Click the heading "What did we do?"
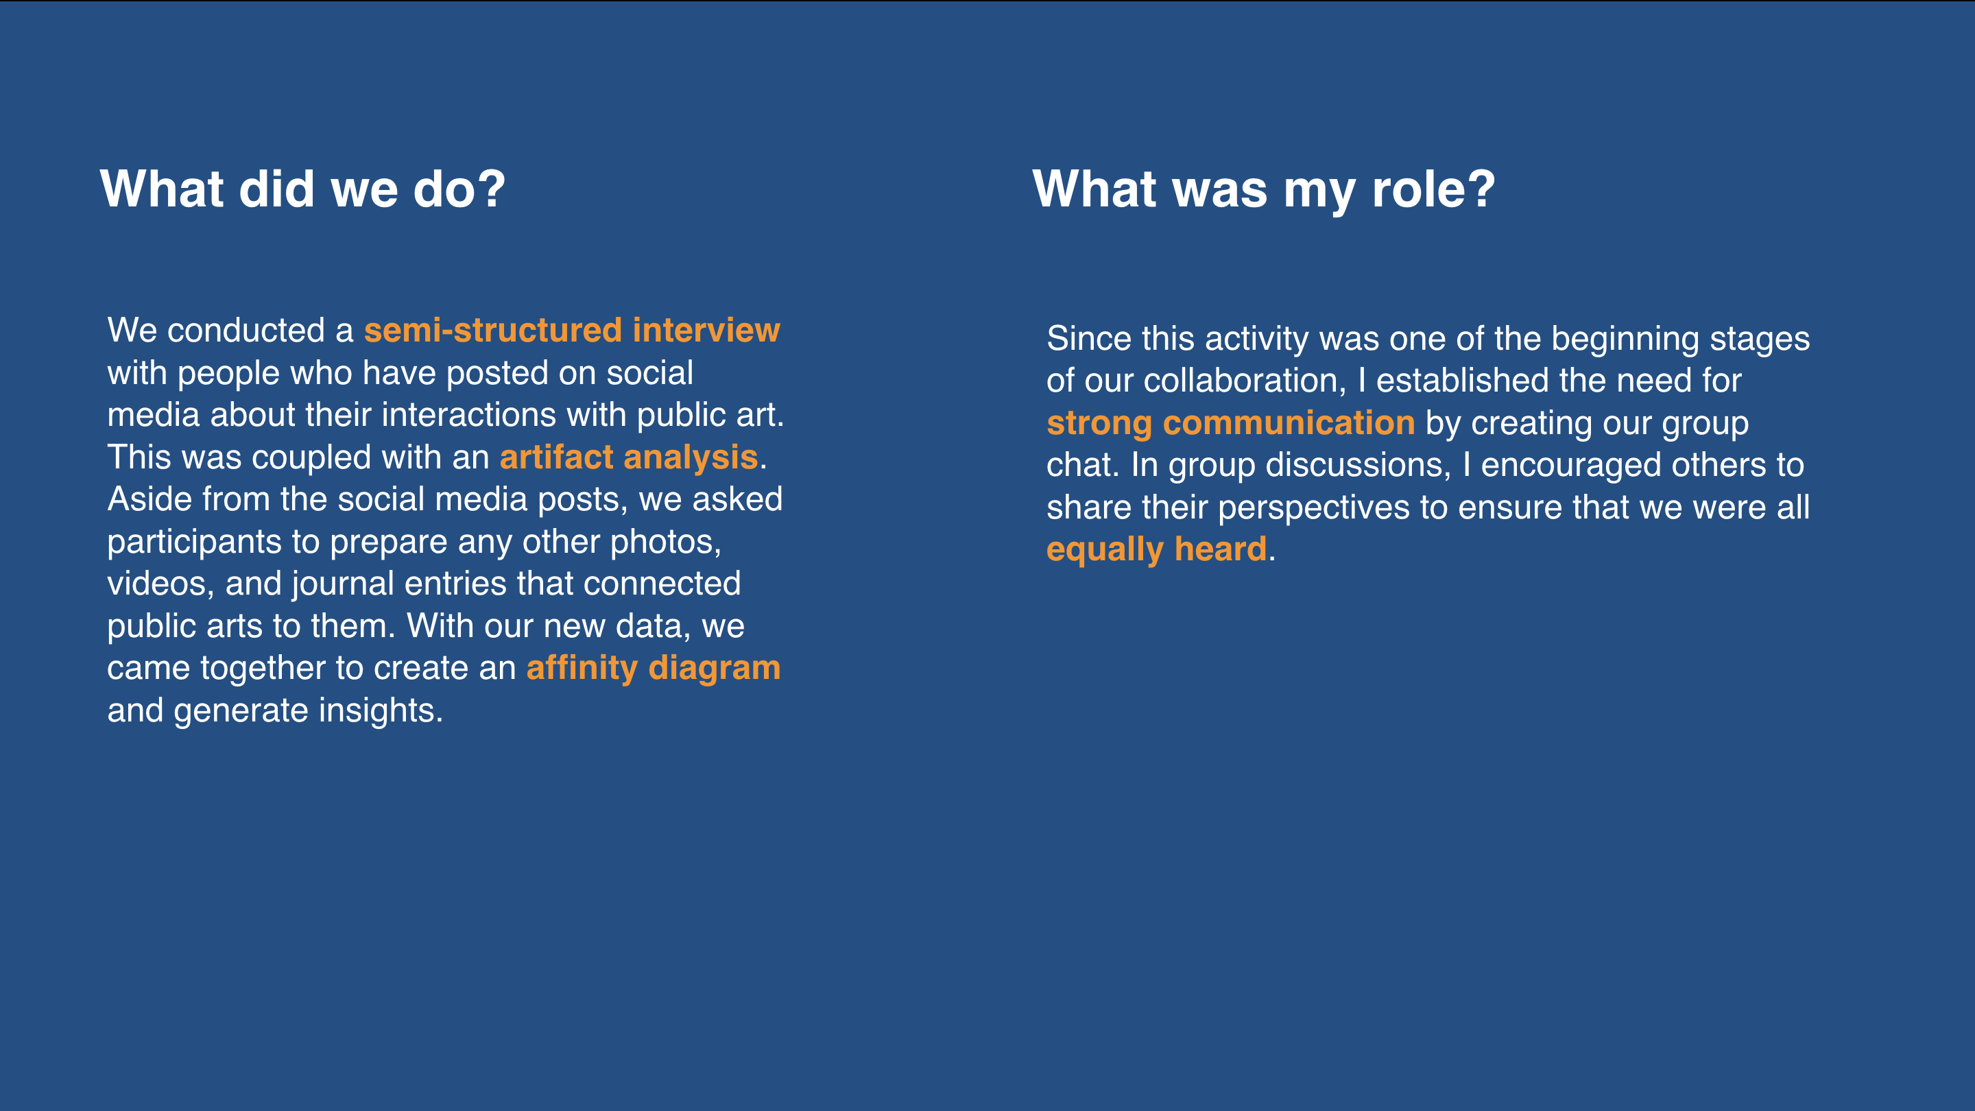[303, 189]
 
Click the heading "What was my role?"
[1263, 190]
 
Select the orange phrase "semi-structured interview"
[572, 331]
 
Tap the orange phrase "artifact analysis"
[629, 457]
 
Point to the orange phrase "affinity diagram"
[654, 669]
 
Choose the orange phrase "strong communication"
[1230, 423]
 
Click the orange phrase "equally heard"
[1156, 551]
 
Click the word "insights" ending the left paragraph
[381, 710]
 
